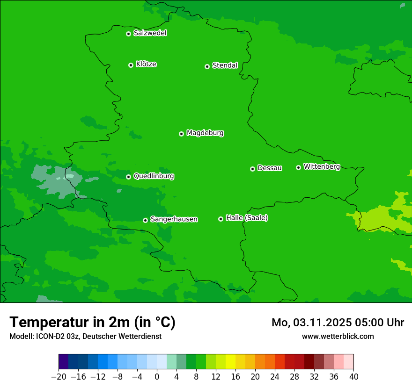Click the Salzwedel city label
pos(150,33)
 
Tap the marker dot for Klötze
pos(131,65)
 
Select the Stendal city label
pos(225,65)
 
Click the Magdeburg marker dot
pos(181,134)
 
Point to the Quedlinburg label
pos(154,176)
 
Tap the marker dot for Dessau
pos(252,169)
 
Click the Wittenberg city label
pos(322,166)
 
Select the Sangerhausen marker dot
pos(145,220)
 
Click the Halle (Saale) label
pos(247,218)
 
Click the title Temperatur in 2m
pos(92,323)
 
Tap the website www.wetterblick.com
pos(338,336)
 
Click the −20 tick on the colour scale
pos(59,377)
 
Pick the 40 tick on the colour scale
pos(353,377)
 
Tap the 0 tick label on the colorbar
pos(157,377)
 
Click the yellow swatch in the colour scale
pos(230,362)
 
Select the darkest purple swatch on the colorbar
pos(64,362)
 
